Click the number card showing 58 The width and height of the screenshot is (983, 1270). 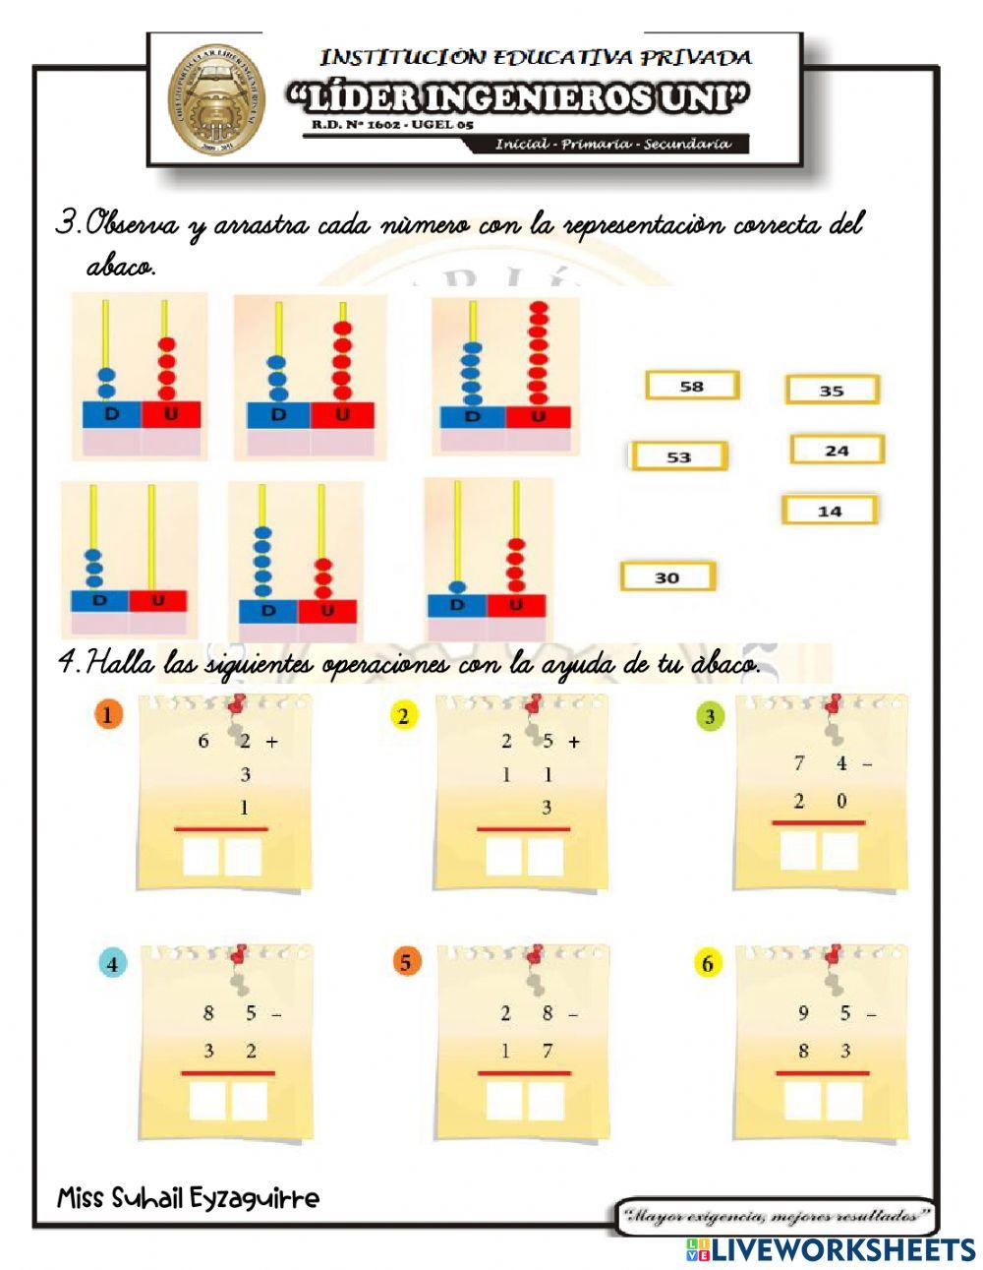692,386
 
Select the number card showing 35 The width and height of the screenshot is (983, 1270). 832,391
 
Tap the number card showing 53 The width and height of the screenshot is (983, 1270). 678,456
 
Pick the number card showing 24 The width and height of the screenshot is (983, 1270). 837,451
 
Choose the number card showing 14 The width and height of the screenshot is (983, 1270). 830,511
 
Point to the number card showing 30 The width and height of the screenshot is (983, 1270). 666,577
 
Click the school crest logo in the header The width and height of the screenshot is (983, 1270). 215,99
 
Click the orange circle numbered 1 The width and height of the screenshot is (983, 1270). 107,715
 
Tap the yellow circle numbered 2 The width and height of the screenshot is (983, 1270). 402,716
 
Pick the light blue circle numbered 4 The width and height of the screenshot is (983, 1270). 112,964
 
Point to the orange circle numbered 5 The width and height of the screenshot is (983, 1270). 405,962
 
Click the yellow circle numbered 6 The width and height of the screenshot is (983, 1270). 707,964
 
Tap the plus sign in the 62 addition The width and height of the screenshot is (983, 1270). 272,742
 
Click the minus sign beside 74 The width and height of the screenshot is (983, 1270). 868,763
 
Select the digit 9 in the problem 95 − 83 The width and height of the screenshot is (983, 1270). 803,1013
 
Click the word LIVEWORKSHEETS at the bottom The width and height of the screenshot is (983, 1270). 842,1249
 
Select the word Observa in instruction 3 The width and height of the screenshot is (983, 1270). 132,225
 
